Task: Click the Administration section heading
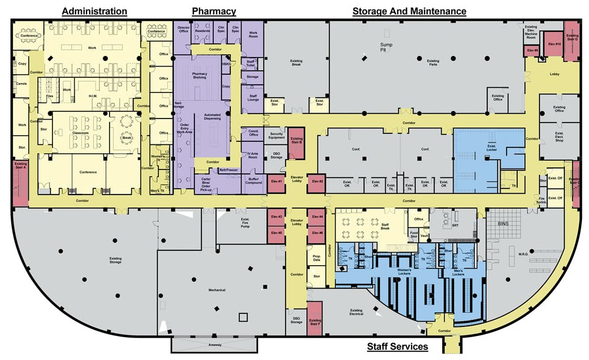pyautogui.click(x=94, y=11)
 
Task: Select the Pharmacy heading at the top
pyautogui.click(x=214, y=11)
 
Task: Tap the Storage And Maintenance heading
pyautogui.click(x=409, y=11)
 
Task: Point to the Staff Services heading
pyautogui.click(x=398, y=346)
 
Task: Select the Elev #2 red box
pyautogui.click(x=316, y=182)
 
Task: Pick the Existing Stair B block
pyautogui.click(x=296, y=141)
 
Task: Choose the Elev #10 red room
pyautogui.click(x=554, y=45)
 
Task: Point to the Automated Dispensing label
pyautogui.click(x=212, y=116)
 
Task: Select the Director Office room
pyautogui.click(x=184, y=29)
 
